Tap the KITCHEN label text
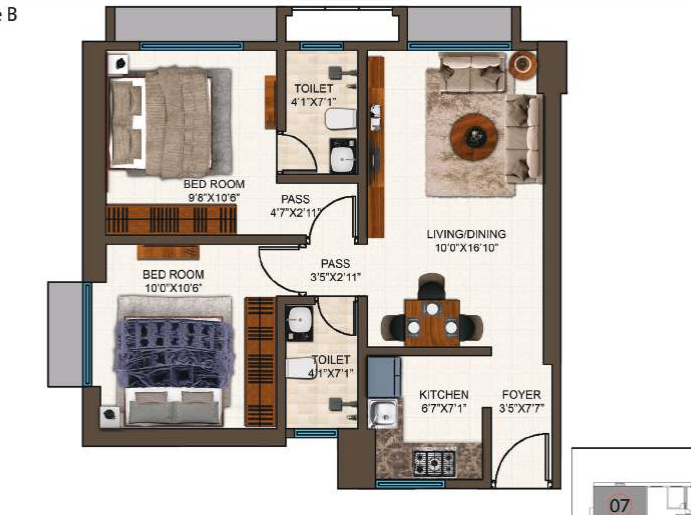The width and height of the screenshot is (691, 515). pyautogui.click(x=443, y=395)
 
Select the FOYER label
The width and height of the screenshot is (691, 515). pyautogui.click(x=521, y=395)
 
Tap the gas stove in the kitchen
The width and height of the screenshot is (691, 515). pyautogui.click(x=434, y=462)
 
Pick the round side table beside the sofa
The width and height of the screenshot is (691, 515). pyautogui.click(x=522, y=66)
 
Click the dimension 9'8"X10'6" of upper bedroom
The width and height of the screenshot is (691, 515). pyautogui.click(x=213, y=197)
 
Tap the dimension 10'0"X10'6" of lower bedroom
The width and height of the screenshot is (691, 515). pyautogui.click(x=173, y=287)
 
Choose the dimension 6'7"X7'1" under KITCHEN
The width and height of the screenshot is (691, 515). pyautogui.click(x=443, y=408)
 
